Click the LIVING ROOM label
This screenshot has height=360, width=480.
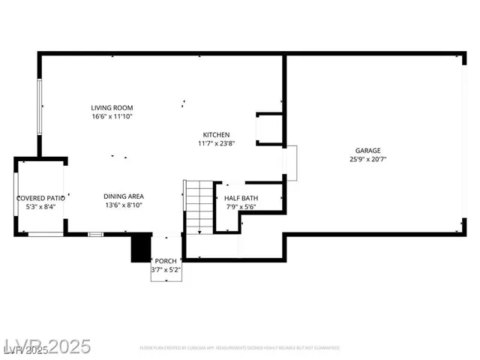[112, 108]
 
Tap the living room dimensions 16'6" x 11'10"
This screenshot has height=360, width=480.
[112, 116]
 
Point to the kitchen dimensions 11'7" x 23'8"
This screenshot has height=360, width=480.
[216, 143]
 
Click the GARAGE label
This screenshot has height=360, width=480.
[367, 150]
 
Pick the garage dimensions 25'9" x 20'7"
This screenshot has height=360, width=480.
[367, 159]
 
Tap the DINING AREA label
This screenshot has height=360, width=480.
[124, 196]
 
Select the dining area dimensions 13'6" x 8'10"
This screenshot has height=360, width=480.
[124, 205]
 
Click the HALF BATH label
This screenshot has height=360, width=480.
[241, 198]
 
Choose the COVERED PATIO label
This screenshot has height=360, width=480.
[40, 198]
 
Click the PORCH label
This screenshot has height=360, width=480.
[166, 261]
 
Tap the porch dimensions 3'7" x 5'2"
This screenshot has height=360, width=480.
[166, 269]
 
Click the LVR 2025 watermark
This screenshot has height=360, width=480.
[46, 346]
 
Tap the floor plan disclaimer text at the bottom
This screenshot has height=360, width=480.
[239, 348]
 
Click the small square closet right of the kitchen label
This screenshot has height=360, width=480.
[268, 129]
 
